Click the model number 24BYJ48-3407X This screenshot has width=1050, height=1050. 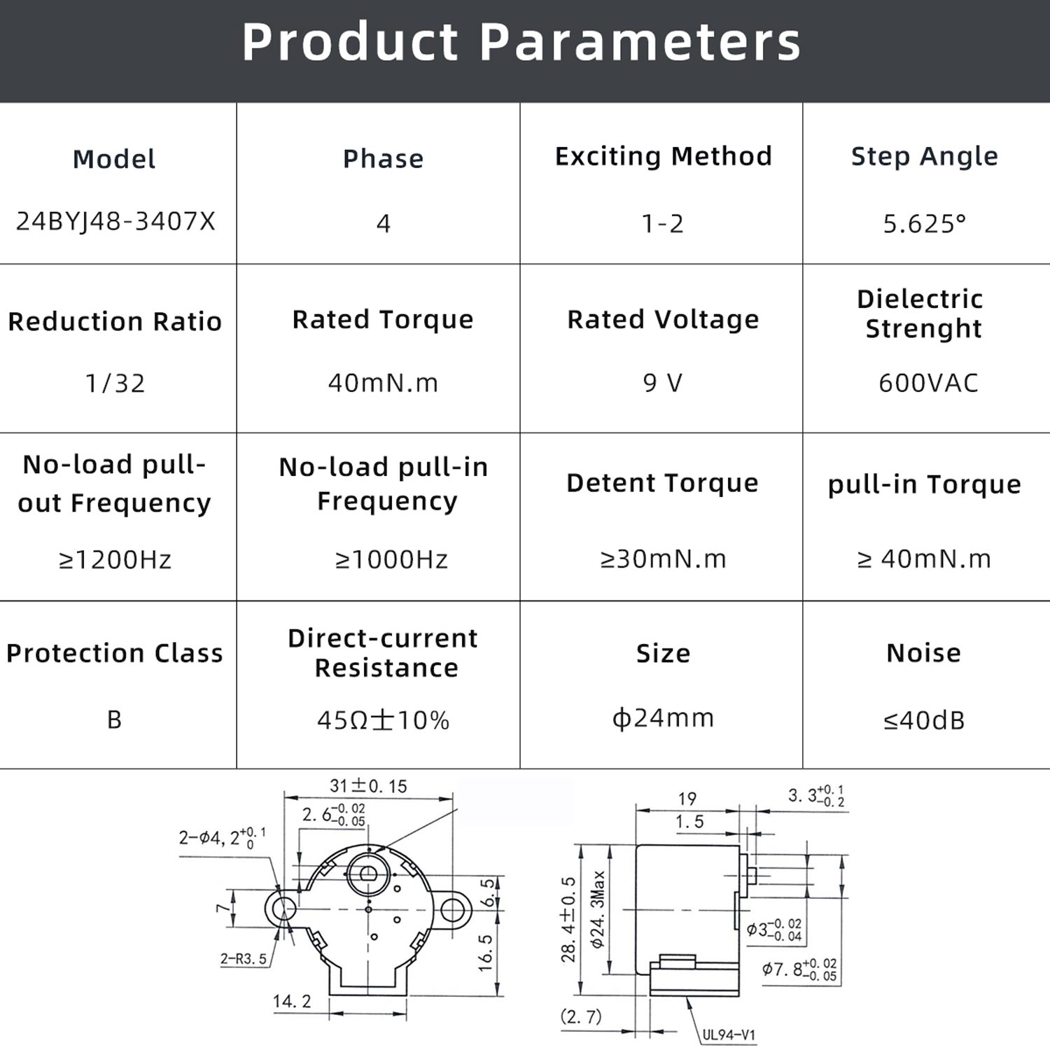[115, 221]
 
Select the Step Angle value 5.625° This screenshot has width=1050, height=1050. [924, 223]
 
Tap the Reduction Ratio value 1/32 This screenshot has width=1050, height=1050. [115, 383]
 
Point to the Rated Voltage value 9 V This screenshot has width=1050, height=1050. [662, 383]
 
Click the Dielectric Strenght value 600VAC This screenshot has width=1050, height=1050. [928, 383]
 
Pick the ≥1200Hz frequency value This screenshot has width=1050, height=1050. [115, 559]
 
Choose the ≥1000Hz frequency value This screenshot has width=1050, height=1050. [391, 559]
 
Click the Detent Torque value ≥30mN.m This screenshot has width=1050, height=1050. [663, 559]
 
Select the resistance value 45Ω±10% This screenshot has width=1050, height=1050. [383, 720]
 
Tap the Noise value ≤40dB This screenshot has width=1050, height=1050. [924, 720]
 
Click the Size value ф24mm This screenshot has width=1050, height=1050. [663, 717]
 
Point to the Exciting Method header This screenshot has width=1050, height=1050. [663, 156]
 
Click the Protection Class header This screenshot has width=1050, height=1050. [115, 653]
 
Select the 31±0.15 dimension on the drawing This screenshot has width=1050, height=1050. [368, 786]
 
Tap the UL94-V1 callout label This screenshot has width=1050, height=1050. [729, 1035]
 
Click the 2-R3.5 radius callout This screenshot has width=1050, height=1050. [244, 959]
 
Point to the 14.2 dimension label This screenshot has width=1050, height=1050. [292, 1002]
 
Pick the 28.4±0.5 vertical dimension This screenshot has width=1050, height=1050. [568, 920]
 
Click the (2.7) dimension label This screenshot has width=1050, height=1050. [581, 1016]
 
